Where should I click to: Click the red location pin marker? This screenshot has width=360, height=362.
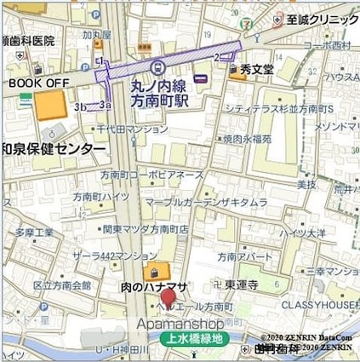point(169,299)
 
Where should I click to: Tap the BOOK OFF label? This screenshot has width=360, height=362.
point(37,83)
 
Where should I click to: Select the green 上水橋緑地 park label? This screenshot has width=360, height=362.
point(192,338)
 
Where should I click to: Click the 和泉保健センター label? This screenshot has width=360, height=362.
point(53,148)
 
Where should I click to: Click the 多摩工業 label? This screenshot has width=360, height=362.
point(34,232)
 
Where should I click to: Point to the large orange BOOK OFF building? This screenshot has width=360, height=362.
point(49,106)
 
